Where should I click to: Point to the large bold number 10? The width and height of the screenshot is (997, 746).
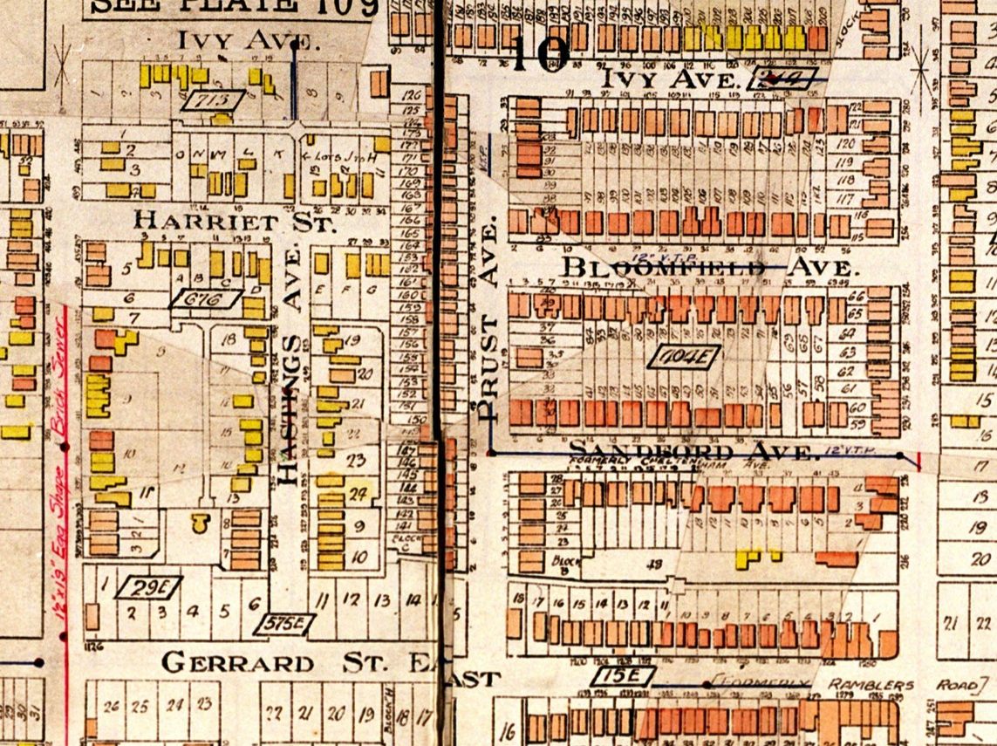540,54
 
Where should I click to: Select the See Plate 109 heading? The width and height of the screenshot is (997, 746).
234,7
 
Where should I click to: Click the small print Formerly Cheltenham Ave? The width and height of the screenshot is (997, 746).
689,465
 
